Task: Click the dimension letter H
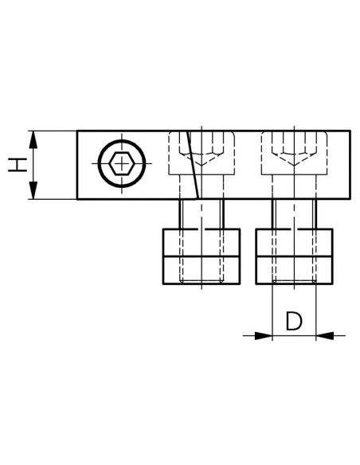[18, 165]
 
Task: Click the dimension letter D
[294, 321]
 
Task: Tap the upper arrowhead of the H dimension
[33, 139]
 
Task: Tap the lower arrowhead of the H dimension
[33, 190]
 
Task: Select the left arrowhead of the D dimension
[264, 336]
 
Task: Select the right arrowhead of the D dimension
[325, 336]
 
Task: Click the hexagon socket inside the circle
[121, 163]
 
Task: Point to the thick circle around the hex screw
[122, 140]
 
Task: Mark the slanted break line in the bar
[193, 165]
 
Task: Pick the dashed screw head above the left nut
[202, 153]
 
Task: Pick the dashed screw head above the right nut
[294, 153]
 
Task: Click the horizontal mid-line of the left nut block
[202, 256]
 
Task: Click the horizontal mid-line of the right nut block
[294, 256]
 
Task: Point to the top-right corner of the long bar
[350, 131]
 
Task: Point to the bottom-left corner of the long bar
[77, 199]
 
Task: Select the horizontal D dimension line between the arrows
[294, 336]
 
